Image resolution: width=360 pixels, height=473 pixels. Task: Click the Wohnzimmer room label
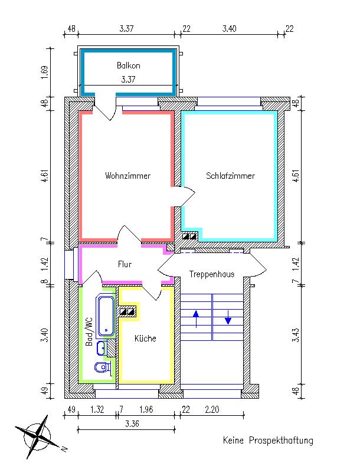(x=127, y=176)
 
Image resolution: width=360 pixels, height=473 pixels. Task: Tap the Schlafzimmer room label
(x=231, y=176)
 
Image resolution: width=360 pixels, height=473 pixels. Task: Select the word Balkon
(x=128, y=66)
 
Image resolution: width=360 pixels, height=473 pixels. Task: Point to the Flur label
(x=125, y=265)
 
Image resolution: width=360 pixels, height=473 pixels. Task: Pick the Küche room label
(x=145, y=339)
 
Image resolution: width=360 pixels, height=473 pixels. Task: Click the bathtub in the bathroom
(x=106, y=316)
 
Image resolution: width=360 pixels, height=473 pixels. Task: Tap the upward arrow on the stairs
(x=197, y=318)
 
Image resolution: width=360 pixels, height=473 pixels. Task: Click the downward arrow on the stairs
(x=228, y=318)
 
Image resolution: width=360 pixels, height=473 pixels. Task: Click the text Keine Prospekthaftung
(x=268, y=440)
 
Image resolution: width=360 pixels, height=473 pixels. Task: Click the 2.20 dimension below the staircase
(x=212, y=410)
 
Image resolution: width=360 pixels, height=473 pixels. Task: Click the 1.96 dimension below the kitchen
(x=146, y=410)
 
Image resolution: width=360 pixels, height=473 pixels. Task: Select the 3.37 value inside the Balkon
(x=128, y=80)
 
